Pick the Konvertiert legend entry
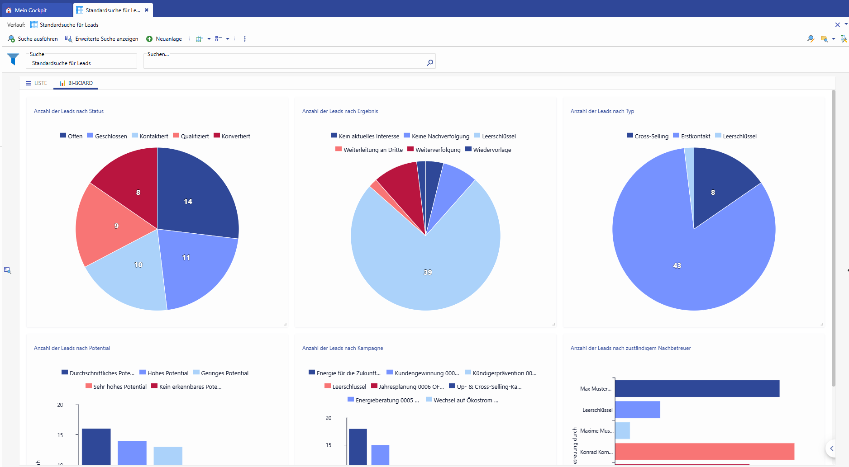click(232, 136)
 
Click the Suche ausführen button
click(33, 39)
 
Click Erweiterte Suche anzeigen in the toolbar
click(102, 39)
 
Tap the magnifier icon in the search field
click(429, 63)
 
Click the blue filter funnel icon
click(13, 59)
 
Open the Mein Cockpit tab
click(31, 10)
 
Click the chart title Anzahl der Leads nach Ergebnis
click(340, 111)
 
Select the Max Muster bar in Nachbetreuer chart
click(697, 388)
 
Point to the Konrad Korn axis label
click(596, 452)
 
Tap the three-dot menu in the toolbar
click(245, 39)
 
